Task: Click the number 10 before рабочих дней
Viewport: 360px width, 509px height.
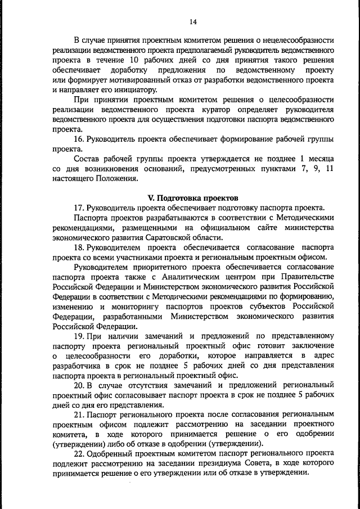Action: pyautogui.click(x=134, y=61)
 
